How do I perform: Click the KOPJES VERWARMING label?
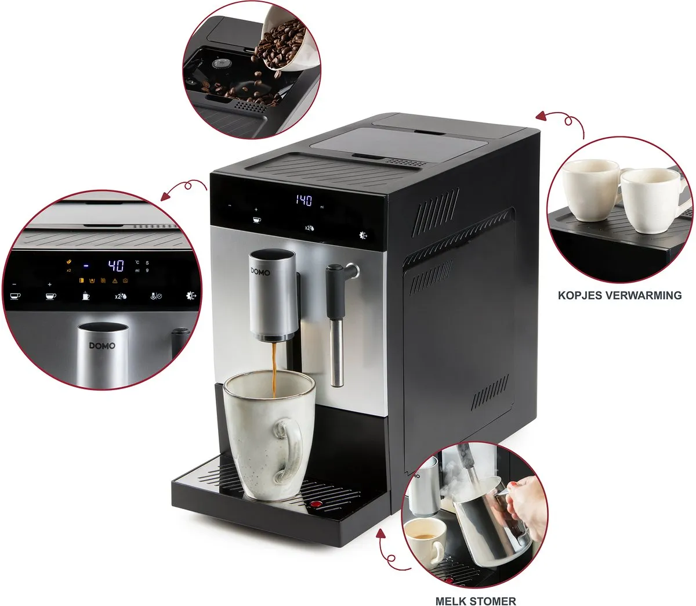coord(619,295)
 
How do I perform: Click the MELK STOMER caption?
coord(476,600)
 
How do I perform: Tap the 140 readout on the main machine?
coord(304,201)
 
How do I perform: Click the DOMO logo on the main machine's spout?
coord(257,270)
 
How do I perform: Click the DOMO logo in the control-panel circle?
coord(102,346)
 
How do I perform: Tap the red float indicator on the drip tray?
coord(316,503)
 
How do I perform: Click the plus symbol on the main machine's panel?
coord(256,207)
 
